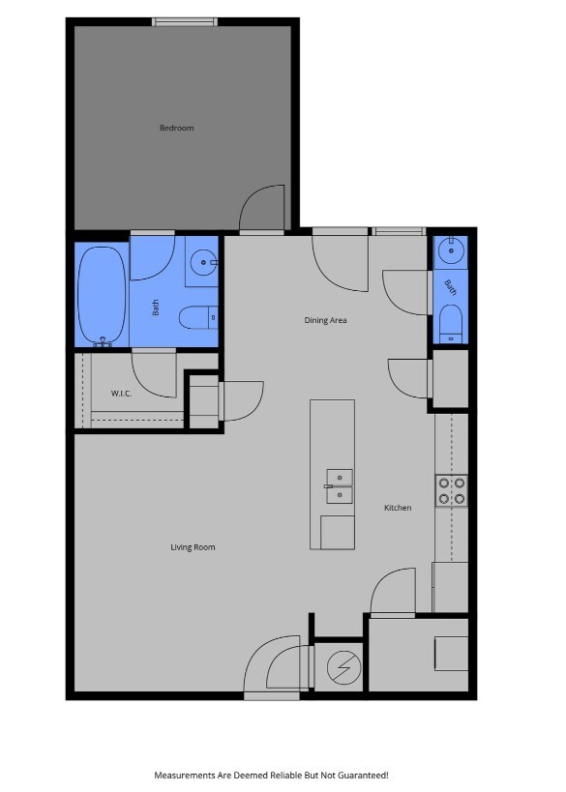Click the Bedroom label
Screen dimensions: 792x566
coord(177,128)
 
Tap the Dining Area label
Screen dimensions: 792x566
coord(325,320)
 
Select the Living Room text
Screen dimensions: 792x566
coord(193,547)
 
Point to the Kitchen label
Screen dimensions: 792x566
coord(398,508)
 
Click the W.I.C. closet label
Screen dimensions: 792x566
coord(121,393)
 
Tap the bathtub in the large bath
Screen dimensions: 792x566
coord(102,295)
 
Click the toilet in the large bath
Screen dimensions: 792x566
coord(201,316)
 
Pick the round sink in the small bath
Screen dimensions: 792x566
coord(451,251)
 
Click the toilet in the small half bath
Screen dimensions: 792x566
coord(451,322)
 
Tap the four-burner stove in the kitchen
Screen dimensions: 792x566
coord(452,490)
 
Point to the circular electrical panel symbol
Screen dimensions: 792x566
coord(341,666)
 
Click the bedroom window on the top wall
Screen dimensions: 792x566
coord(185,21)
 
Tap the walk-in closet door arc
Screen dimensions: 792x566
coord(153,372)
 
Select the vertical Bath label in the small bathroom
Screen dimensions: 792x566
coord(451,286)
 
